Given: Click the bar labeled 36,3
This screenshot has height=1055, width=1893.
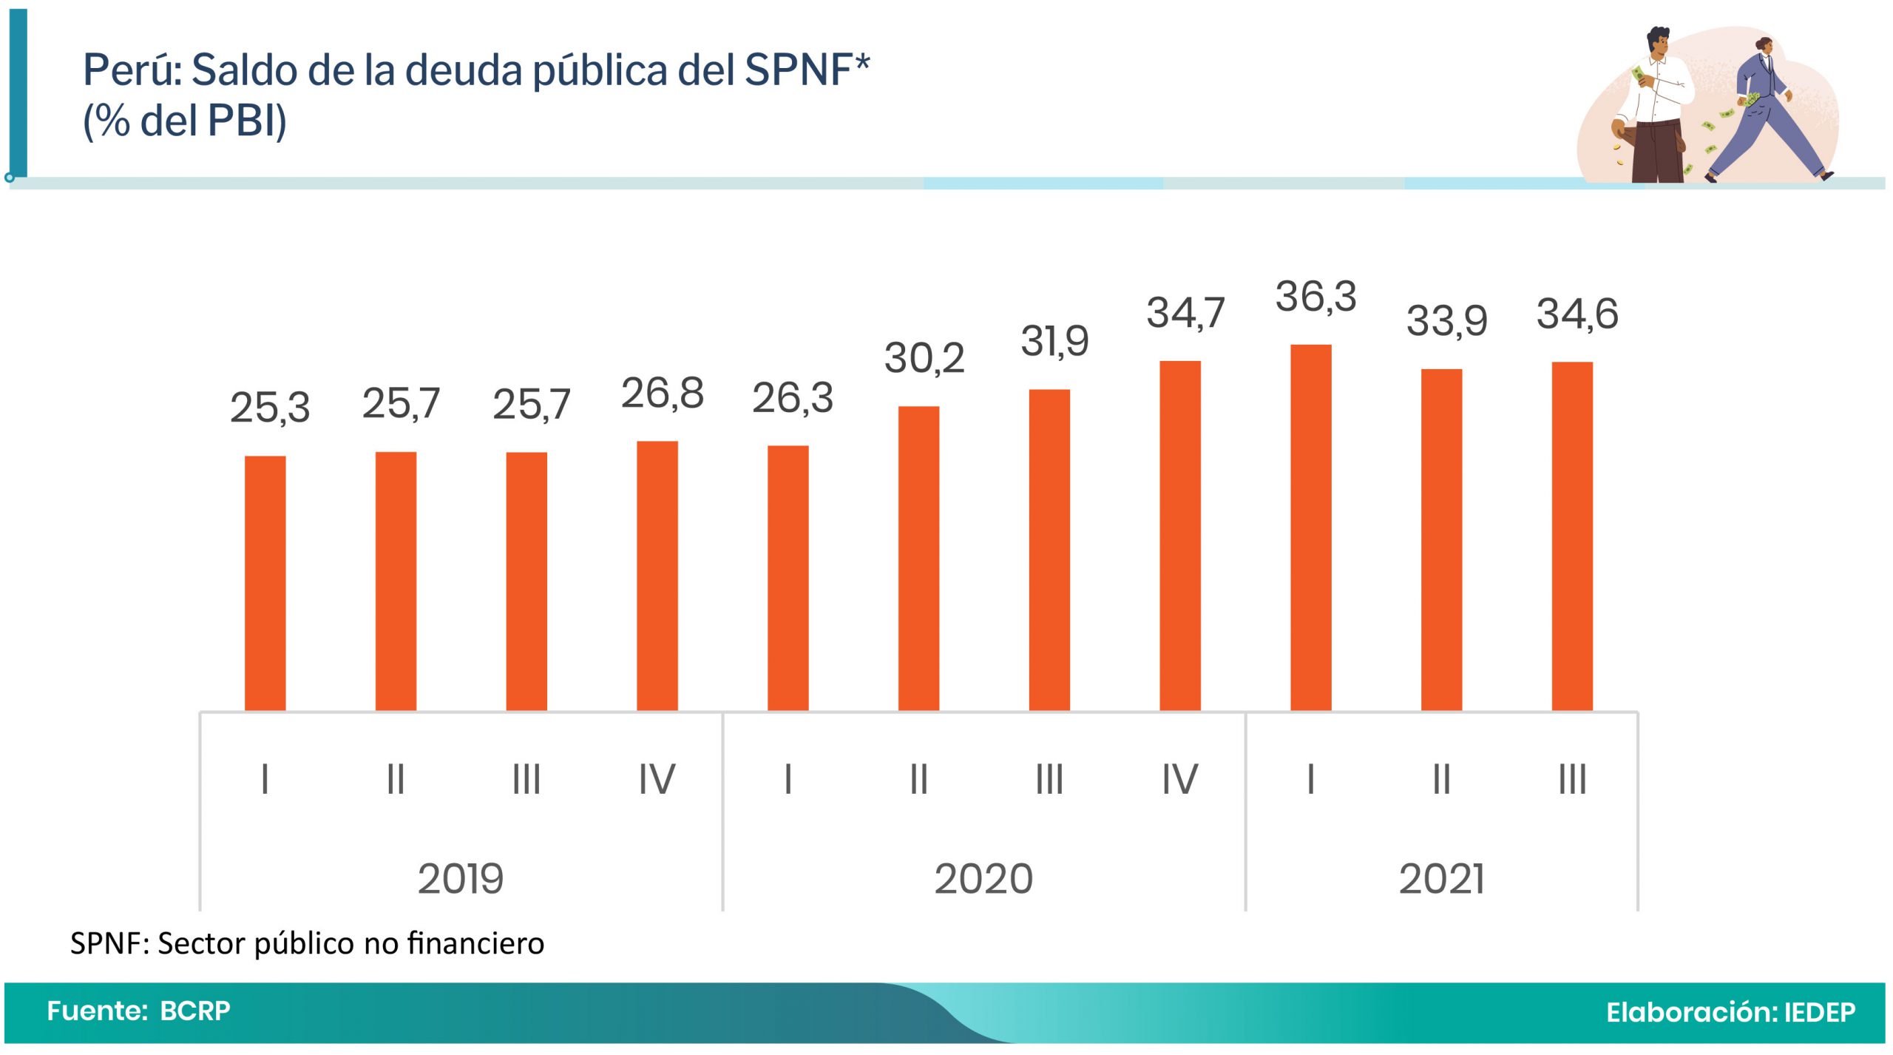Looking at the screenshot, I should point(1310,527).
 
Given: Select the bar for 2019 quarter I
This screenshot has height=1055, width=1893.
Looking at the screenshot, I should point(265,583).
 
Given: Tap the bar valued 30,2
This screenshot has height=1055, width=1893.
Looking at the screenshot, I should point(918,559).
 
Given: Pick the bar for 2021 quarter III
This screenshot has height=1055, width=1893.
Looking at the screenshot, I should point(1571,536).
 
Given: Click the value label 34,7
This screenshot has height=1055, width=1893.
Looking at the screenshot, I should point(1185,313).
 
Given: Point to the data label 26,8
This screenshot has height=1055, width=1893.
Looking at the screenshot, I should point(662,393).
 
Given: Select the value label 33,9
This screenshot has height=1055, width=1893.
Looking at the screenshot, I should point(1446,321).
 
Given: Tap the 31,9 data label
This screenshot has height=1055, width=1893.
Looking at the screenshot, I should point(1054,341).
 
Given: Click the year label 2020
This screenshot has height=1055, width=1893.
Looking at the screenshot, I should point(983,879).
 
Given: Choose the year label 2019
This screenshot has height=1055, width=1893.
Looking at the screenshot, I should point(461,879).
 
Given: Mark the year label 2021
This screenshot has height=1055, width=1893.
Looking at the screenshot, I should point(1441,879).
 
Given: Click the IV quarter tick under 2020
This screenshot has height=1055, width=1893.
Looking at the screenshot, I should point(1179,779).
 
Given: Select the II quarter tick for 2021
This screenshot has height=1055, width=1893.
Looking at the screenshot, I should point(1441,779).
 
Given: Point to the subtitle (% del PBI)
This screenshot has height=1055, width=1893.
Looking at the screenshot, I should point(184,121).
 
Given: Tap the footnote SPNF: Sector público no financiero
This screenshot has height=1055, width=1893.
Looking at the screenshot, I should point(307,943).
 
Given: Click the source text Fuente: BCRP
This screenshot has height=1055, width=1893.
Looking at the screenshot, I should point(139,1011).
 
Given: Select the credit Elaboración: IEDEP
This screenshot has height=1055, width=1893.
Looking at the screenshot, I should point(1730,1012).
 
